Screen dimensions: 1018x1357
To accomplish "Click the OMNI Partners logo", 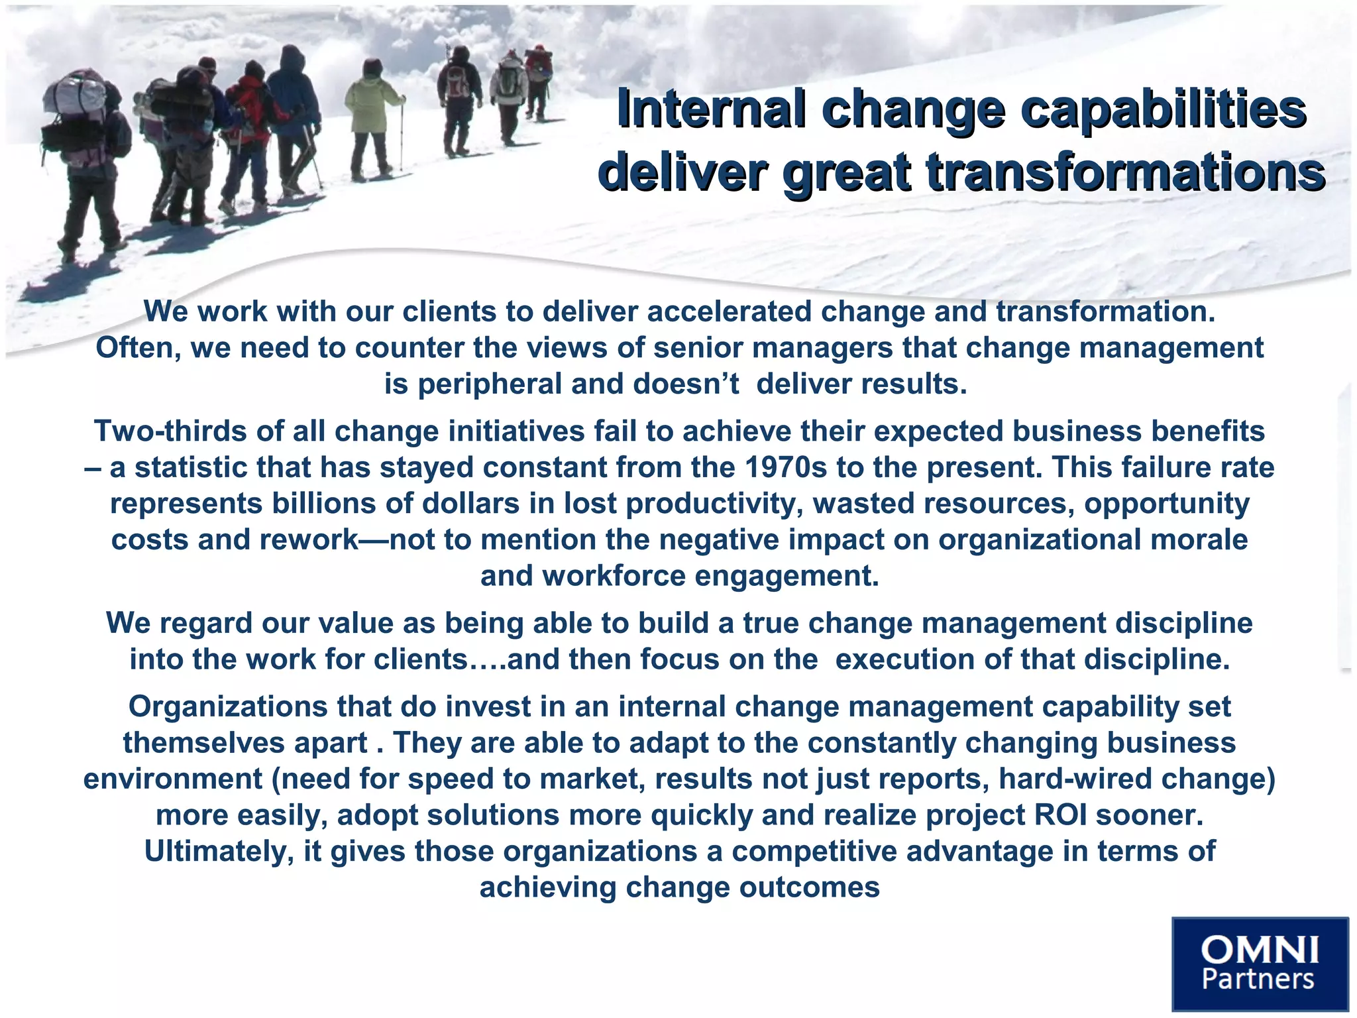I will pos(1260,964).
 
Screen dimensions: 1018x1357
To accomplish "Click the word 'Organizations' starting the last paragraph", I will pos(227,707).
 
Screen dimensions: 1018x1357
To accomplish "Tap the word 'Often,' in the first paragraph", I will pos(138,348).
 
